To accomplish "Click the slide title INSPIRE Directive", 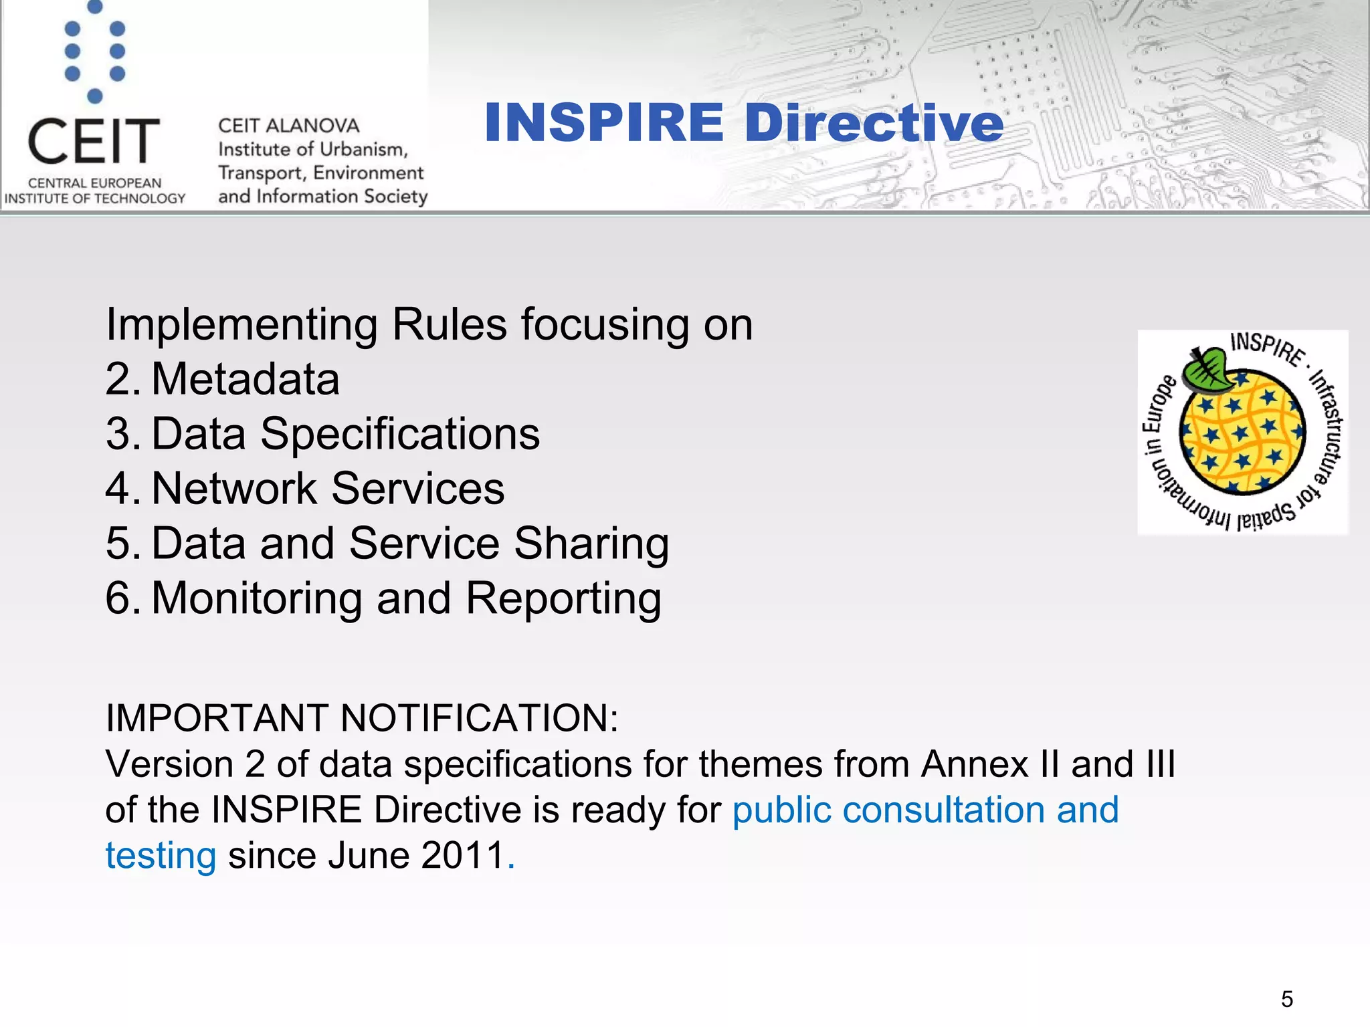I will point(743,123).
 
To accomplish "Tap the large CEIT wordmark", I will point(94,141).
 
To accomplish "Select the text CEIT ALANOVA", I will point(288,126).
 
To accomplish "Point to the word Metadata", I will point(246,380).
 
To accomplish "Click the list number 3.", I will point(120,435).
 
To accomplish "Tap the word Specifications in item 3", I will point(399,435).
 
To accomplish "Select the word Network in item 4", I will point(234,489).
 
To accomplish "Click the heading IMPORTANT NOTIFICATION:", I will point(362,718).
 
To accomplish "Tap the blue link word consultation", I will point(943,810).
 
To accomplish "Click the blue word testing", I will point(161,857).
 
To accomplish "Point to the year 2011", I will point(462,856).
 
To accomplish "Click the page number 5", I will point(1287,999).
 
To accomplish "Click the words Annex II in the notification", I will point(990,764).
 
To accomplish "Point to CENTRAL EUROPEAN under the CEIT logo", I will point(94,183).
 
